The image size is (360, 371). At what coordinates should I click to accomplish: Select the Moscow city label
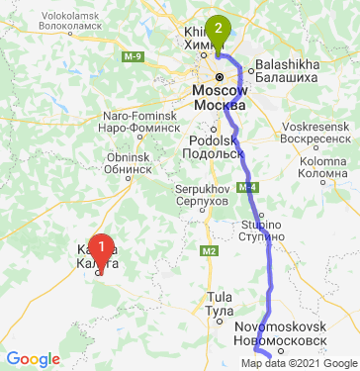pyautogui.click(x=221, y=97)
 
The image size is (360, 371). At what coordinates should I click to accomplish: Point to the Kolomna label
pyautogui.click(x=325, y=167)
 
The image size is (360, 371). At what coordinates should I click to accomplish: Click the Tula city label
pyautogui.click(x=218, y=304)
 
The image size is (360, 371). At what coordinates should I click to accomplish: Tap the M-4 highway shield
pyautogui.click(x=247, y=187)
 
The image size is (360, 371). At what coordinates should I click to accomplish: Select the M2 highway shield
pyautogui.click(x=209, y=252)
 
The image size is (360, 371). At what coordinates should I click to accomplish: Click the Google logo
pyautogui.click(x=34, y=359)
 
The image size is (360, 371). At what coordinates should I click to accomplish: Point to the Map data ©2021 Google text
pyautogui.click(x=300, y=363)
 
